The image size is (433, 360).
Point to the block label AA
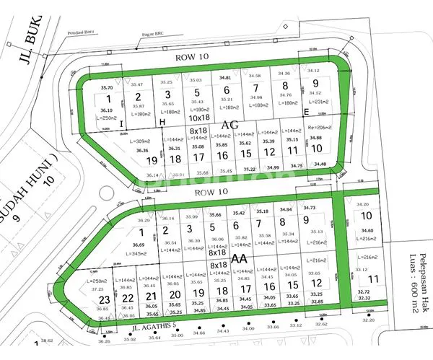pyautogui.click(x=239, y=258)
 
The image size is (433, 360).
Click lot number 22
pyautogui.click(x=128, y=299)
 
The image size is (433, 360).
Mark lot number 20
pyautogui.click(x=174, y=294)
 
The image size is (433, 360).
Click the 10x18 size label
pyautogui.click(x=198, y=117)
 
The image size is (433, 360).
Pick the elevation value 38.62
pyautogui.click(x=48, y=341)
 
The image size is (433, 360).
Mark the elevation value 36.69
pyautogui.click(x=139, y=245)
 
